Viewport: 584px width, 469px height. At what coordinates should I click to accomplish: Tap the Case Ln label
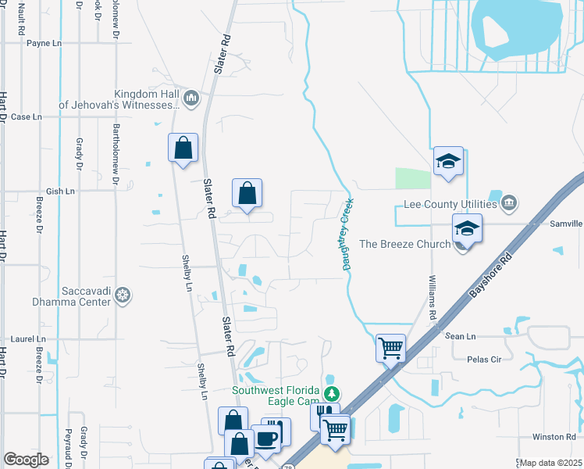(x=26, y=117)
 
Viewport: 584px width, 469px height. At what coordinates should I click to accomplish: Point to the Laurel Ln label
(x=29, y=339)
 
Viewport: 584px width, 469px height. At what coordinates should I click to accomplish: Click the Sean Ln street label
(x=460, y=336)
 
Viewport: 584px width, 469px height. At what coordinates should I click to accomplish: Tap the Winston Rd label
(x=554, y=436)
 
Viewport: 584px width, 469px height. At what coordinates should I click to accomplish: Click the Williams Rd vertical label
(x=432, y=295)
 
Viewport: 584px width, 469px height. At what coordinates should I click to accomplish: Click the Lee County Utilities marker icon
(x=509, y=204)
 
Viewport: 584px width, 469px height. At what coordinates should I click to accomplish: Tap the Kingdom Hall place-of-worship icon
(x=191, y=98)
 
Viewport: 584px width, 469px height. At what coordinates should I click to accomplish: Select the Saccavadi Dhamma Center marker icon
(x=122, y=295)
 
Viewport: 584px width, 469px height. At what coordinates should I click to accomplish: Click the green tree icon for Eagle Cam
(x=333, y=394)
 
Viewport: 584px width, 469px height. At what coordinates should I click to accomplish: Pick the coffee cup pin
(x=268, y=438)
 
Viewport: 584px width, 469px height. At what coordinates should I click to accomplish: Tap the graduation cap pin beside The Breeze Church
(x=467, y=229)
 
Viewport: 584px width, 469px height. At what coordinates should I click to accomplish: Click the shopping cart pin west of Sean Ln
(x=390, y=346)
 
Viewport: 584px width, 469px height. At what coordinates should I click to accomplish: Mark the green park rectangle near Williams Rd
(x=412, y=178)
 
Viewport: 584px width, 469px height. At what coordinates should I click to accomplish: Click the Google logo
(x=26, y=460)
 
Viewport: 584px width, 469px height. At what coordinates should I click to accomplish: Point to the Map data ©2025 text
(x=551, y=463)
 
